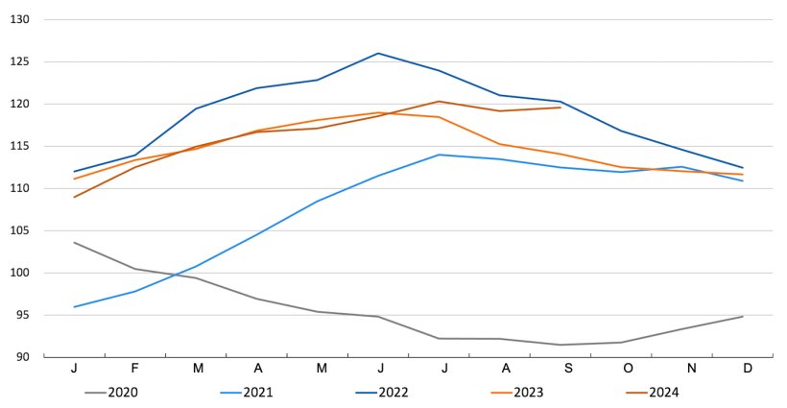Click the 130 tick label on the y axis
click(21, 19)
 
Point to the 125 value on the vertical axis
click(21, 61)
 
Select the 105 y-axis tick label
click(21, 230)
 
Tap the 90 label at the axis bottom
click(23, 357)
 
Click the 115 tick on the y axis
click(21, 146)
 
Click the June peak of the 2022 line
click(378, 53)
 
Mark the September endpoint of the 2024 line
click(560, 108)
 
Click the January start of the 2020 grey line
click(75, 242)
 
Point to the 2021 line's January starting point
click(75, 307)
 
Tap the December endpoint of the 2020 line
click(742, 317)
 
